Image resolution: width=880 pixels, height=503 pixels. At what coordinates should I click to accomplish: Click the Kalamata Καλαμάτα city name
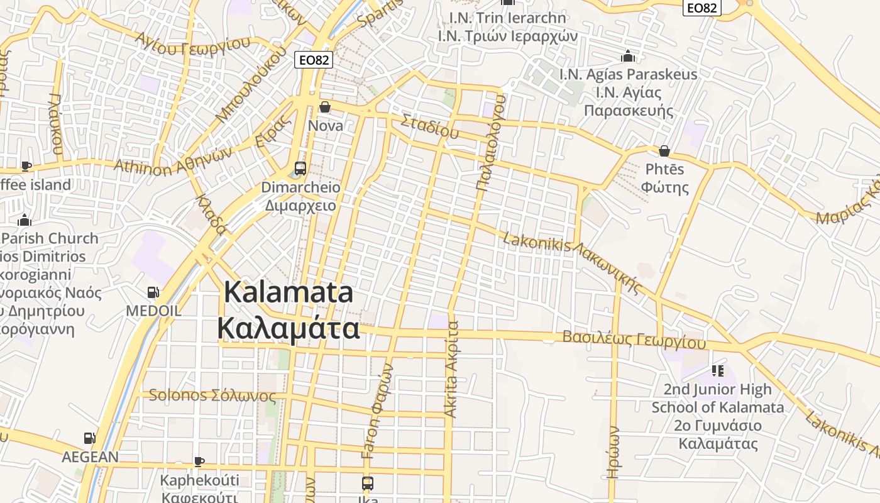click(x=289, y=311)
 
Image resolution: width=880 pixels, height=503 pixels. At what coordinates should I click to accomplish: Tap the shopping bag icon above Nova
click(x=325, y=108)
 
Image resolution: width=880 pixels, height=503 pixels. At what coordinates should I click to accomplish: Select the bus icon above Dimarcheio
click(x=300, y=169)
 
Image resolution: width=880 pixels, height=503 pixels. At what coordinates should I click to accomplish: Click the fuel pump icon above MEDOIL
click(x=153, y=292)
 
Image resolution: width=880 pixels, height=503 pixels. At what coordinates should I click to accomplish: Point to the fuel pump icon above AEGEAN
click(x=90, y=438)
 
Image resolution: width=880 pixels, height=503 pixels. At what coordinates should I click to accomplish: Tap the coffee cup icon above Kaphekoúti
click(x=199, y=462)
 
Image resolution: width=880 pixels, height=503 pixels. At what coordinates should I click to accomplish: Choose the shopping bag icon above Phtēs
click(x=664, y=151)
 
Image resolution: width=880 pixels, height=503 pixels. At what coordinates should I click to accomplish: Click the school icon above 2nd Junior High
click(x=717, y=371)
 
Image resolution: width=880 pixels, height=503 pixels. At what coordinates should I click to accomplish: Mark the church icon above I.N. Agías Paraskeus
click(x=627, y=57)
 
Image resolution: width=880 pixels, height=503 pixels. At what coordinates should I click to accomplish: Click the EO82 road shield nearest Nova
click(x=313, y=60)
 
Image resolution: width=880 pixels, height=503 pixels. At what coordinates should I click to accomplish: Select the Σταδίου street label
click(x=430, y=126)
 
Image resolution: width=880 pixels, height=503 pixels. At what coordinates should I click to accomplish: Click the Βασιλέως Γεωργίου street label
click(x=634, y=340)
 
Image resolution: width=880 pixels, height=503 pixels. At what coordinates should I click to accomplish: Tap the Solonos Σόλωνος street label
click(x=212, y=395)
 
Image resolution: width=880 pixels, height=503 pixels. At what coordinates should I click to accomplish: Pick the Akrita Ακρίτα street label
click(x=451, y=370)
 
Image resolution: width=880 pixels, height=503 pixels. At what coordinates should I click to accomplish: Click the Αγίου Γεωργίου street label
click(x=193, y=44)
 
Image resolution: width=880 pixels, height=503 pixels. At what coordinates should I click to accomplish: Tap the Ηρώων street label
click(x=614, y=452)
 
